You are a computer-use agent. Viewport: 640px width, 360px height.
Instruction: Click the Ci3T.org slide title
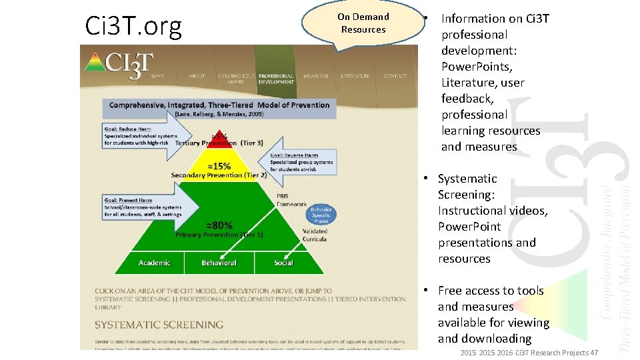pyautogui.click(x=133, y=26)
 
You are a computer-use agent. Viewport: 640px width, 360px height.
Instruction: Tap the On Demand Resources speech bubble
pyautogui.click(x=363, y=24)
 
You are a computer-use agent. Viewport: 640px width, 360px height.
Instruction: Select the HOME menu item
pyautogui.click(x=157, y=76)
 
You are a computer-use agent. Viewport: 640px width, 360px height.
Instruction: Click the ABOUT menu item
pyautogui.click(x=197, y=76)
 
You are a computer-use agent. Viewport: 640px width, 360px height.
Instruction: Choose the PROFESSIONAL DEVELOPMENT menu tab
pyautogui.click(x=276, y=79)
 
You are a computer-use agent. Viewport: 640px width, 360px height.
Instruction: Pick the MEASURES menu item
pyautogui.click(x=315, y=76)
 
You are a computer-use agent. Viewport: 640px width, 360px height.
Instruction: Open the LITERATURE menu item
pyautogui.click(x=355, y=76)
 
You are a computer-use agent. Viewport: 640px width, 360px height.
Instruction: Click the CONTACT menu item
pyautogui.click(x=395, y=76)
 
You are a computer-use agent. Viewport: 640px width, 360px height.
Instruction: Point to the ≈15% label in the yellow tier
pyautogui.click(x=218, y=165)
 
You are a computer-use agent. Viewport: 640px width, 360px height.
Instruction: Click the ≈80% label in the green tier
pyautogui.click(x=219, y=225)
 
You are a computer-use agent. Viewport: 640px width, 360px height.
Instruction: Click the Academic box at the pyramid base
pyautogui.click(x=154, y=263)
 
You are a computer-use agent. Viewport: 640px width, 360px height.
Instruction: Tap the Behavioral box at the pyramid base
pyautogui.click(x=219, y=263)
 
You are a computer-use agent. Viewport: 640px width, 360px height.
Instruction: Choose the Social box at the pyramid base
pyautogui.click(x=283, y=263)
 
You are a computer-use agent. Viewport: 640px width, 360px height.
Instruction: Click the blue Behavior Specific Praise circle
pyautogui.click(x=321, y=215)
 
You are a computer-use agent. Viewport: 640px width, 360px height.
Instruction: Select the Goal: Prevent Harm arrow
pyautogui.click(x=147, y=206)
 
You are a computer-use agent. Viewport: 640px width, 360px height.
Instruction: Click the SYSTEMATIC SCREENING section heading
pyautogui.click(x=159, y=325)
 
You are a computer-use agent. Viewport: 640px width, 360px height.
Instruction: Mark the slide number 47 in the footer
pyautogui.click(x=594, y=352)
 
